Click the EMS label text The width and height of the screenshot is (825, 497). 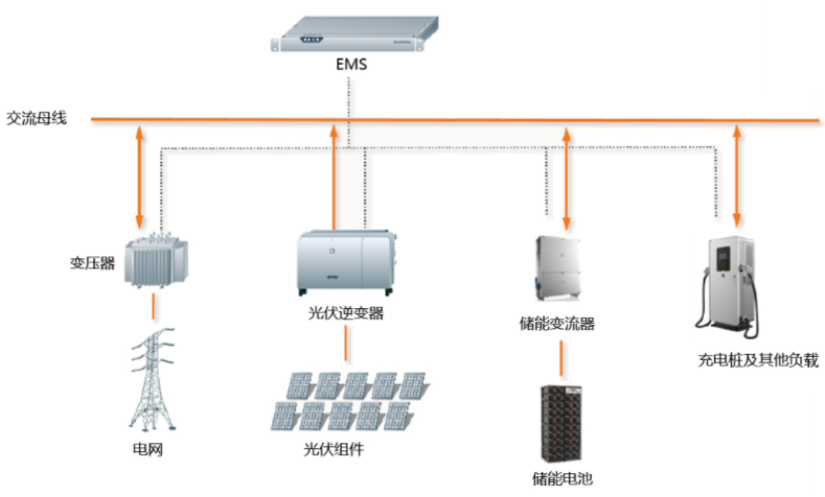tap(350, 65)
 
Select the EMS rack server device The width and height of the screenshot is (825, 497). tap(354, 34)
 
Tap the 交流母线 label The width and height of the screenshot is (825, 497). tap(37, 118)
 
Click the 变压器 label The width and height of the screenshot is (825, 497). tap(92, 263)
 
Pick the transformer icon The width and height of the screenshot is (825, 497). tap(156, 260)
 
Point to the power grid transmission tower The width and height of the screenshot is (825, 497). tap(152, 379)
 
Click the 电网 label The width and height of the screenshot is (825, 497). tap(148, 449)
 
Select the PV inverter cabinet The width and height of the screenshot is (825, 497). tap(346, 262)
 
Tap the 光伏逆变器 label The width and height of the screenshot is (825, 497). tap(345, 313)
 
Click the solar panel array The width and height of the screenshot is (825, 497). tap(349, 401)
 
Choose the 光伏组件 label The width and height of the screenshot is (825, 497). tap(334, 449)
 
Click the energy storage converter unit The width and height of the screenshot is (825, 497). tap(558, 268)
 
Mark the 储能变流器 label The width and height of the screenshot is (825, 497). tap(557, 323)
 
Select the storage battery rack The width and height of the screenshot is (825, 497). tap(561, 423)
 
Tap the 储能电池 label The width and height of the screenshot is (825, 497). tap(563, 478)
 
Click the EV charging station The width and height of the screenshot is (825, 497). tap(728, 286)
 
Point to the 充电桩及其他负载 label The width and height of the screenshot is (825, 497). tap(758, 360)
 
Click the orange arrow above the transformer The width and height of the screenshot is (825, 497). tap(139, 177)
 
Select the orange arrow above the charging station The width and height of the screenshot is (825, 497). tap(737, 176)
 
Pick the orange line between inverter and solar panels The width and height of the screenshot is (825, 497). tap(345, 343)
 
